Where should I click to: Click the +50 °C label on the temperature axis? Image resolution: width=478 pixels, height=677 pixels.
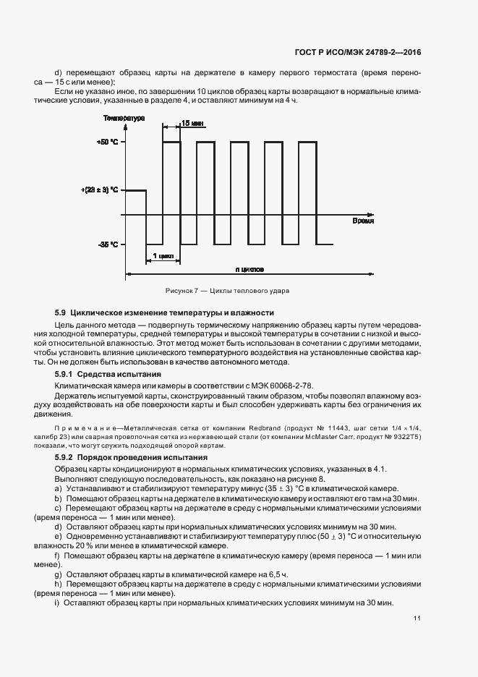click(x=107, y=142)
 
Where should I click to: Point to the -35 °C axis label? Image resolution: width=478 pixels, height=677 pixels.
click(x=108, y=244)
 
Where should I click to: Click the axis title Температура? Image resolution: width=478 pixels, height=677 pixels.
click(x=124, y=117)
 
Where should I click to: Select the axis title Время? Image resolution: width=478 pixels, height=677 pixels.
click(x=363, y=221)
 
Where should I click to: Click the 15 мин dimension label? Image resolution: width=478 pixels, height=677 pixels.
click(x=191, y=124)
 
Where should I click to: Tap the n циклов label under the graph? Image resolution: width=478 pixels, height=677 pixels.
click(x=249, y=270)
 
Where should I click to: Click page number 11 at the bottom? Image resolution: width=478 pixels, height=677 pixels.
click(x=417, y=618)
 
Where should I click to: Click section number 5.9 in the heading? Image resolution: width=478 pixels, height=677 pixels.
click(x=61, y=312)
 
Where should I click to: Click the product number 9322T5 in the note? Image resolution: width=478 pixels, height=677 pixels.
click(x=405, y=438)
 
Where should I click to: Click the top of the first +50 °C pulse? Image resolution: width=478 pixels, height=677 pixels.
click(x=171, y=142)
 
